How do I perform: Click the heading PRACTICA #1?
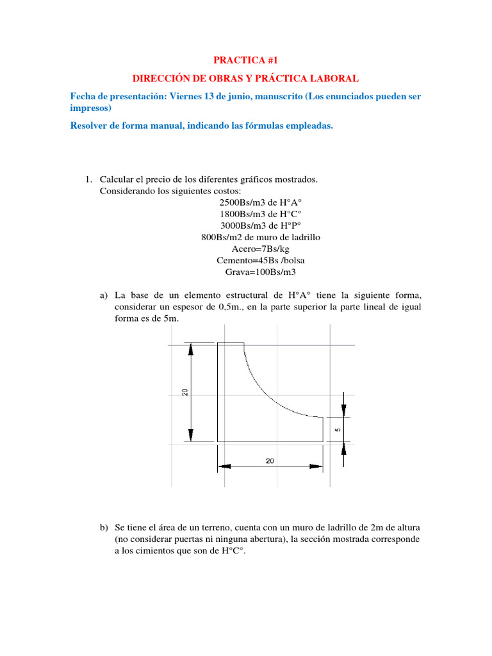pos(245,60)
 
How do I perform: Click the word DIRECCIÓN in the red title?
pos(158,78)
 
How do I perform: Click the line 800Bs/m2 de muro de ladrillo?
pos(260,237)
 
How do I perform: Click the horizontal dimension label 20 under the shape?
pos(270,461)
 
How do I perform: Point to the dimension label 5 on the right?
pos(338,429)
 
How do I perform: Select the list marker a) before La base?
pos(104,295)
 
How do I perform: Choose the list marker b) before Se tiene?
pos(104,527)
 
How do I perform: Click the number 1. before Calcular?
pos(90,179)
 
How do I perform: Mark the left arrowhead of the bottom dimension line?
pos(224,466)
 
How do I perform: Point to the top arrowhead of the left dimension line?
pos(190,350)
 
